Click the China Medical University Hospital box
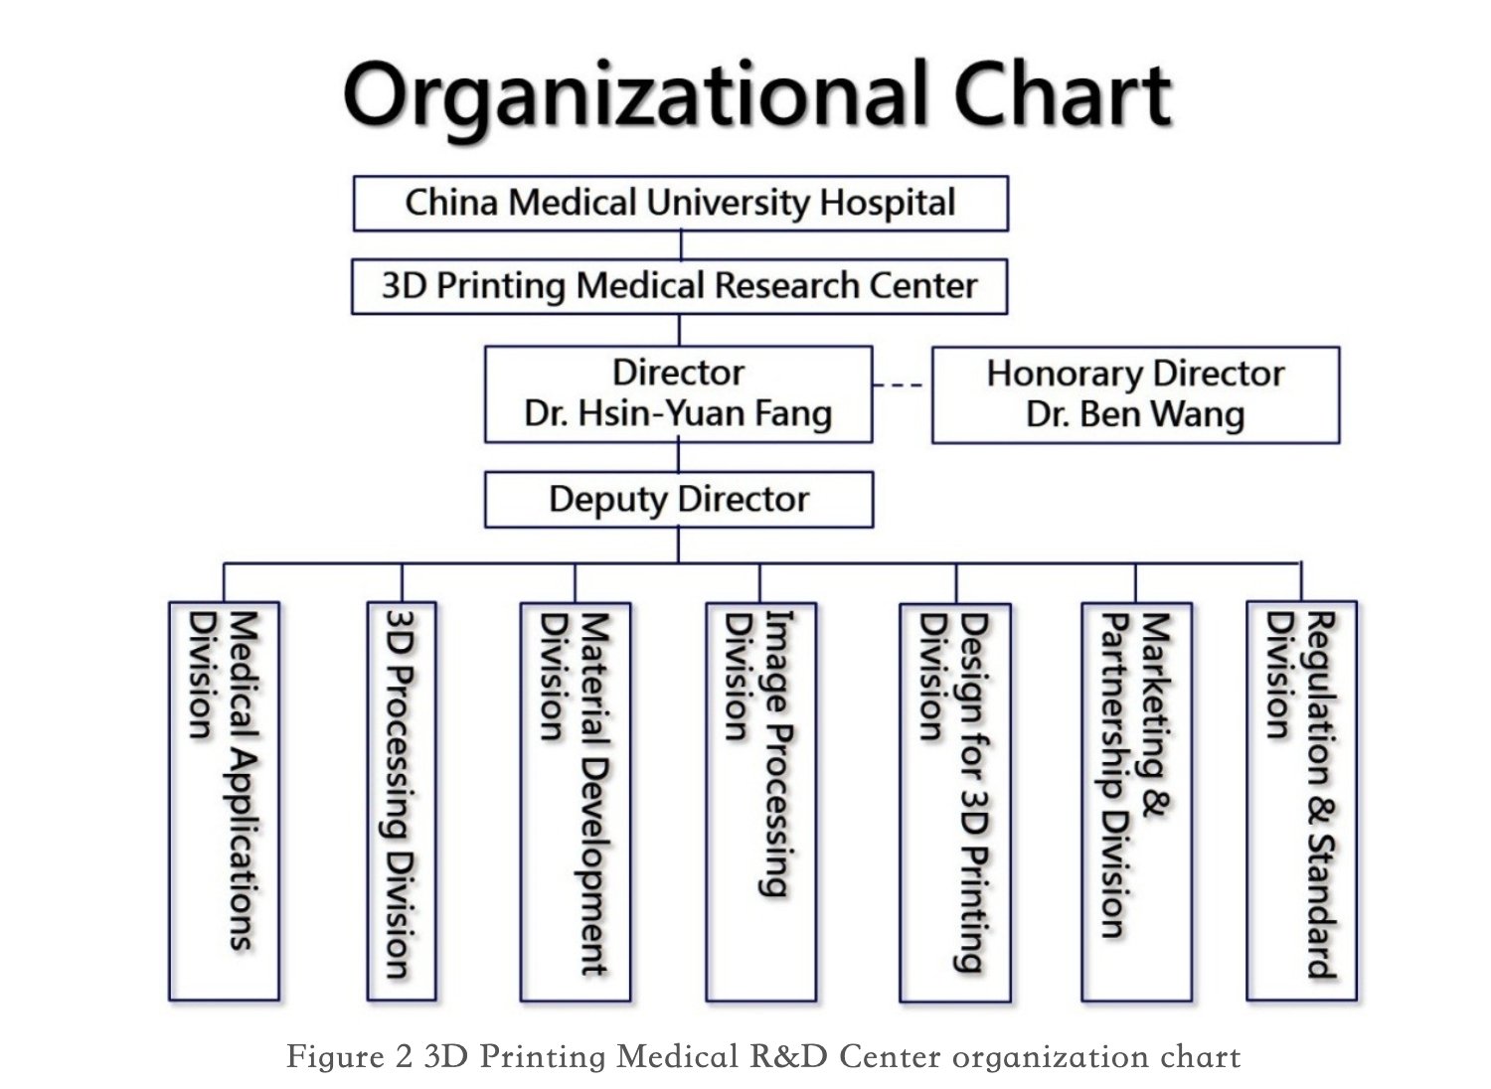tap(680, 204)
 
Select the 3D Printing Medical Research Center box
tap(679, 286)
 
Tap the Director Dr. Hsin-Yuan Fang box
tap(678, 393)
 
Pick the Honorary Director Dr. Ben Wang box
tap(1135, 394)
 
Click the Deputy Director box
tap(679, 500)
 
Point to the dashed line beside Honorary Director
tap(898, 385)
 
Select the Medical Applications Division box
tap(224, 801)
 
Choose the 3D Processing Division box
tap(402, 801)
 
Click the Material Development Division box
tap(576, 802)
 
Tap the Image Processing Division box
tap(760, 802)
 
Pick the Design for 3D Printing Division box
tap(955, 802)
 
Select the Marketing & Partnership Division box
tap(1136, 802)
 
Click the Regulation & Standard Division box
tap(1301, 801)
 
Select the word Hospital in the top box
tap(888, 203)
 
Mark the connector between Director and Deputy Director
tap(678, 457)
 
